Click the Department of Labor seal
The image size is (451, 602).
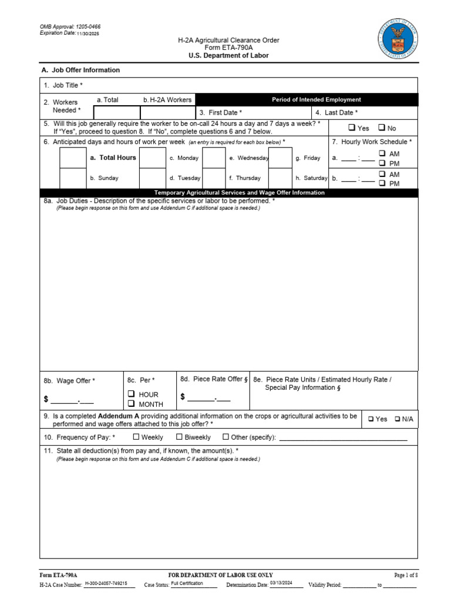tap(399, 36)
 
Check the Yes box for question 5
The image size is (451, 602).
tap(351, 128)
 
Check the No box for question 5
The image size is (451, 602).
tap(381, 128)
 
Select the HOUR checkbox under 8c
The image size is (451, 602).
tap(132, 394)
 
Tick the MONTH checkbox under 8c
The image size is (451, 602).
tap(132, 404)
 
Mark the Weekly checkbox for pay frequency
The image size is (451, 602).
tap(136, 437)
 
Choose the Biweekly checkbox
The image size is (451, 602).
tap(180, 437)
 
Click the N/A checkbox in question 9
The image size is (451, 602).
tap(398, 419)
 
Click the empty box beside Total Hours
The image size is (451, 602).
tap(73, 158)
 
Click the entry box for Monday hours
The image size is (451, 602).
tap(153, 158)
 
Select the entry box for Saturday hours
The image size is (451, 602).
tap(280, 178)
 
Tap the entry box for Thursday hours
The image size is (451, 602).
tap(214, 178)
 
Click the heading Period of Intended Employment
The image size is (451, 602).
tap(316, 99)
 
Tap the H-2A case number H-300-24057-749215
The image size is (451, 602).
tap(106, 584)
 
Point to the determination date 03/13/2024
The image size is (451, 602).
tap(281, 584)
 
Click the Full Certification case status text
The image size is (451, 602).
tap(187, 584)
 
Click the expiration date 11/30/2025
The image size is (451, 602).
tap(87, 34)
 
